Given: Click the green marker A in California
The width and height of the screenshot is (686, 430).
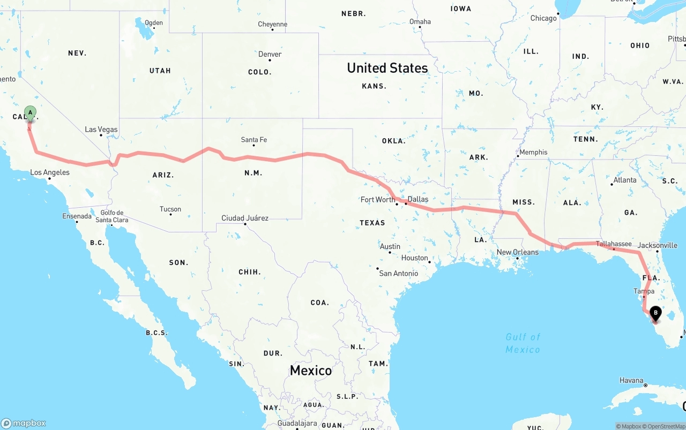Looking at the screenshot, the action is (31, 114).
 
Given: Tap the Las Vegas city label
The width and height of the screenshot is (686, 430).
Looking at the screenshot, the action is (101, 130).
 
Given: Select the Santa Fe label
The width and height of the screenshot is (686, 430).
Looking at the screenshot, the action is (253, 140).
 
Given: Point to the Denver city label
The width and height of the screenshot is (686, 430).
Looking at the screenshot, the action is (270, 54).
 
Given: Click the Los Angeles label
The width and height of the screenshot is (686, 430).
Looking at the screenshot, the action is (50, 172).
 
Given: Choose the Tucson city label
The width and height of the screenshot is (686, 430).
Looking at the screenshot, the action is (170, 209).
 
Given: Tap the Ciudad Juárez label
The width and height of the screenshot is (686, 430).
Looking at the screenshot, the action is (245, 218).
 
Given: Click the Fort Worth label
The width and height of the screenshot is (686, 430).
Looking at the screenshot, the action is (378, 200).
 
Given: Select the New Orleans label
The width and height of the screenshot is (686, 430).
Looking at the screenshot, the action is (517, 252).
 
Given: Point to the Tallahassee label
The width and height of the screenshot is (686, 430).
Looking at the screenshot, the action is (614, 244).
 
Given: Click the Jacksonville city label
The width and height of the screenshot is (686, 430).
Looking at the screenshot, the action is (658, 245).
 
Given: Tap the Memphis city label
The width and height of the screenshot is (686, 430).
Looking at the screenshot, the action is (533, 152).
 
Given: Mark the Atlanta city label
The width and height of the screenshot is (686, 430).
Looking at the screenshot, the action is (625, 180).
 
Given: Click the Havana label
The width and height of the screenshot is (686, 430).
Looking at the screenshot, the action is (631, 380).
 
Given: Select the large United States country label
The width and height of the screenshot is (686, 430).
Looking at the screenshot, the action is (387, 68).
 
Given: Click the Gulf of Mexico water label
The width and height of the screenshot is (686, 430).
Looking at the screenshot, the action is (523, 343).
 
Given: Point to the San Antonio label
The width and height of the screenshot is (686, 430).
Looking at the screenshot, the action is (398, 273).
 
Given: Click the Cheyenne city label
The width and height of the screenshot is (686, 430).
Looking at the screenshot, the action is (272, 24).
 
